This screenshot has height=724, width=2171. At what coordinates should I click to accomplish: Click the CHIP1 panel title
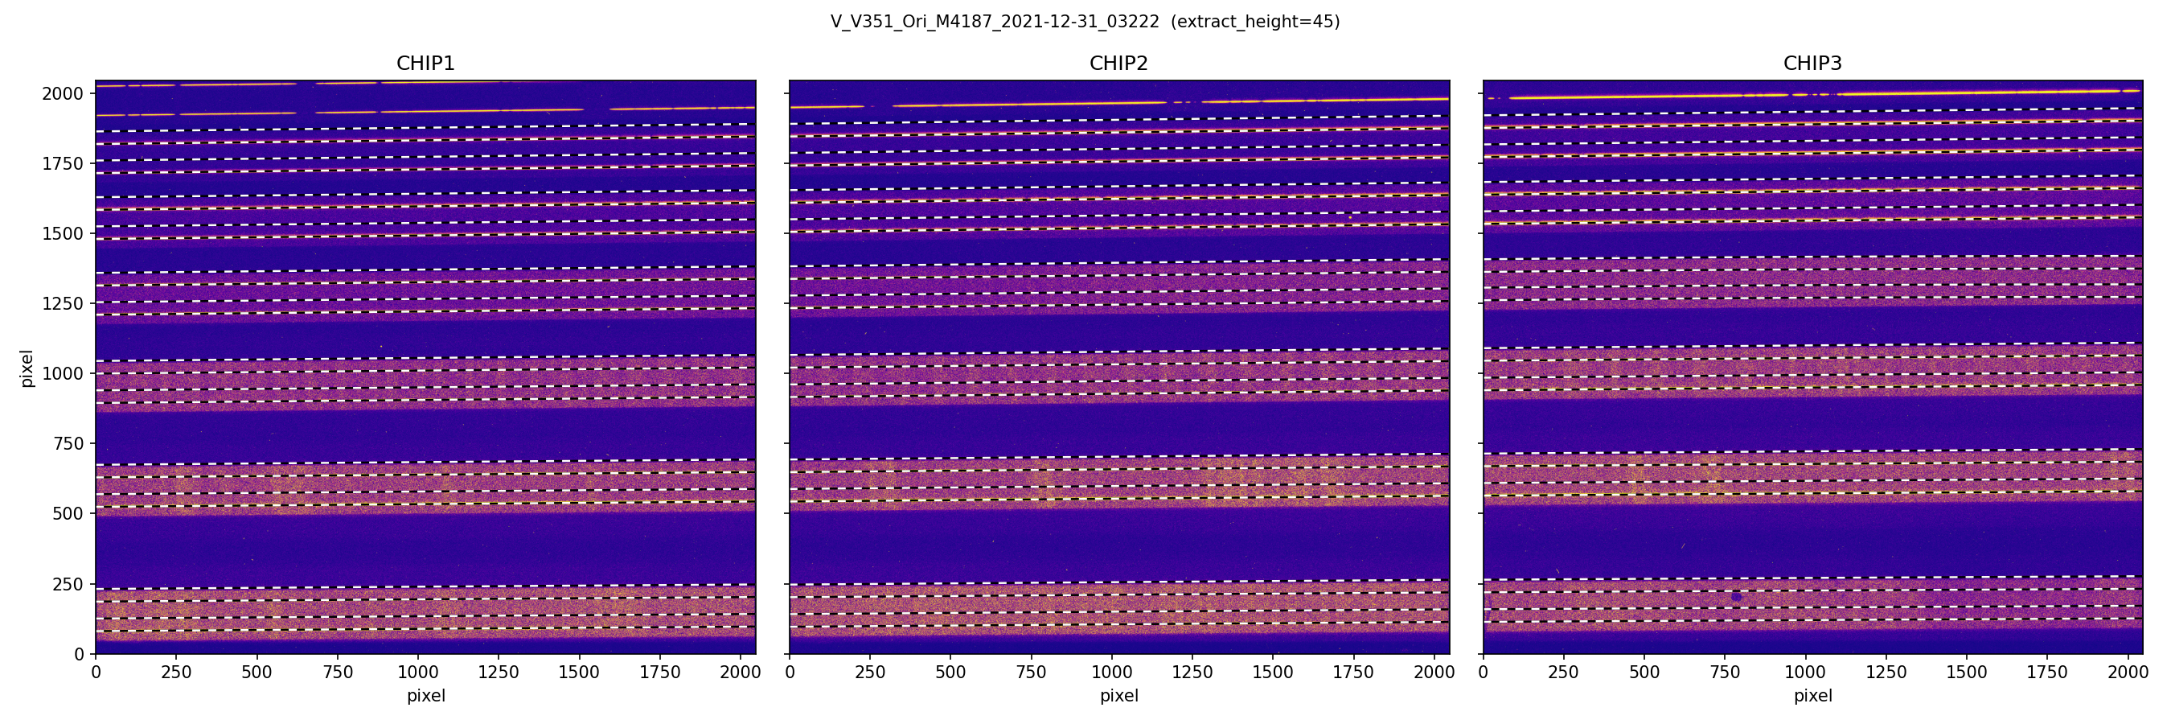(x=425, y=64)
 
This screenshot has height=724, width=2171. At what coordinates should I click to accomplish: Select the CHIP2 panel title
(x=1118, y=64)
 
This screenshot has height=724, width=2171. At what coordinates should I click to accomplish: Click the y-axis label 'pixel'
(x=27, y=368)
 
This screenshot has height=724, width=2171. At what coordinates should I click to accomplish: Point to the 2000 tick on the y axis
(x=64, y=93)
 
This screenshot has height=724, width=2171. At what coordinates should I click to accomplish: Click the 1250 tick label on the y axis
(x=64, y=303)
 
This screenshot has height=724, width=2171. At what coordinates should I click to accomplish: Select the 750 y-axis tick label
(x=68, y=443)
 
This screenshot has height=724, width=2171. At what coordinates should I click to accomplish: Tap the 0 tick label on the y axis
(x=80, y=654)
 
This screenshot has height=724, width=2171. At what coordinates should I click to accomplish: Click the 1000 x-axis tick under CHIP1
(x=418, y=672)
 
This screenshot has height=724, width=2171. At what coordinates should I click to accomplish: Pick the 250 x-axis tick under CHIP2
(x=870, y=672)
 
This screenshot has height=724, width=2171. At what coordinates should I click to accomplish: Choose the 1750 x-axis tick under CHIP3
(x=2047, y=672)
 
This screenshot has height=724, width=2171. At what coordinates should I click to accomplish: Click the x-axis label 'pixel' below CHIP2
(x=1118, y=696)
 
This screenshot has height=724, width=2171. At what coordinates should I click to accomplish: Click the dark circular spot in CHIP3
(x=1736, y=596)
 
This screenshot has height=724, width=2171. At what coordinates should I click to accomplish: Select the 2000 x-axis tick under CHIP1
(x=740, y=672)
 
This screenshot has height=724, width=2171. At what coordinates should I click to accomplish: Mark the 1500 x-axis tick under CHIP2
(x=1273, y=672)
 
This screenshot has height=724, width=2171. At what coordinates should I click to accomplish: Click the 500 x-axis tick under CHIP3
(x=1644, y=672)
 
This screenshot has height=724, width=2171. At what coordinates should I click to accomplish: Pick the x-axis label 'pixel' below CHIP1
(x=425, y=696)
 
